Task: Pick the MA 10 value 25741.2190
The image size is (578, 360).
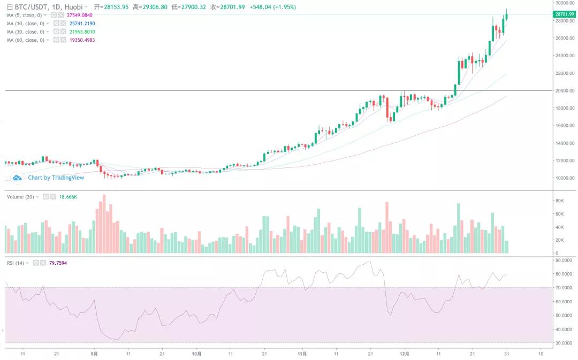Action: click(82, 24)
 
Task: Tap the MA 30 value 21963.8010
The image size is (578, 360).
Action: click(82, 32)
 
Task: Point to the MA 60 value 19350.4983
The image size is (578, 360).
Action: click(82, 40)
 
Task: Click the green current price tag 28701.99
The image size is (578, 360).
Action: click(565, 14)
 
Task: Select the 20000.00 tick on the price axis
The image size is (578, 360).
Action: click(565, 90)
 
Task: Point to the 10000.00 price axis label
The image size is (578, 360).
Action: click(565, 178)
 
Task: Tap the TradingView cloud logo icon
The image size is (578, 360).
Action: click(17, 178)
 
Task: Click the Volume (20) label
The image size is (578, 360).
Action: click(20, 197)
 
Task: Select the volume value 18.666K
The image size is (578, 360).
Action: click(68, 197)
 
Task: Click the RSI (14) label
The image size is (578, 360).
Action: click(16, 263)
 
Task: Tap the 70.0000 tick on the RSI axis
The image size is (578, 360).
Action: click(564, 288)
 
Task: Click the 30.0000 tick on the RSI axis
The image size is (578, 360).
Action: click(564, 343)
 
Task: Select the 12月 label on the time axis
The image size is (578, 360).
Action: click(405, 354)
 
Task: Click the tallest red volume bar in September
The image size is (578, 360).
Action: click(104, 225)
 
